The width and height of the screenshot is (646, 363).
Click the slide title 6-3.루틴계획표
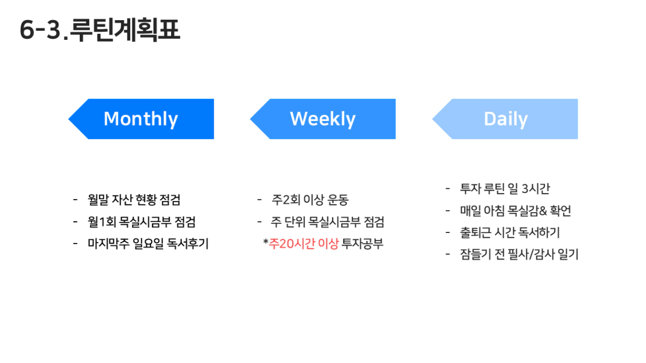pyautogui.click(x=100, y=30)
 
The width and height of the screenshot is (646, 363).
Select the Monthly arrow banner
pyautogui.click(x=141, y=119)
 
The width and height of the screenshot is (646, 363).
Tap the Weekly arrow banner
pyautogui.click(x=322, y=119)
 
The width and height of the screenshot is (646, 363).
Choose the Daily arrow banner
pyautogui.click(x=505, y=119)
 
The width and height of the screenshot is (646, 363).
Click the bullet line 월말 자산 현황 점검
pyautogui.click(x=134, y=200)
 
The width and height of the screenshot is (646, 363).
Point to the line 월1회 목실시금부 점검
pyautogui.click(x=142, y=222)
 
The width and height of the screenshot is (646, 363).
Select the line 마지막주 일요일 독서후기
pyautogui.click(x=148, y=244)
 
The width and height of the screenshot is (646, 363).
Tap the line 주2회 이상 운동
pyautogui.click(x=310, y=200)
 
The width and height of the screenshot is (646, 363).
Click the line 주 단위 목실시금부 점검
pyautogui.click(x=327, y=222)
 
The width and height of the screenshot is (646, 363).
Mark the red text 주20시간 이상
pyautogui.click(x=303, y=244)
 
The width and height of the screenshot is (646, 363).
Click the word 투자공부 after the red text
pyautogui.click(x=362, y=244)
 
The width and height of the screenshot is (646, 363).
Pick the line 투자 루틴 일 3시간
pyautogui.click(x=505, y=189)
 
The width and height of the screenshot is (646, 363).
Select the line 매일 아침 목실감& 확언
pyautogui.click(x=516, y=211)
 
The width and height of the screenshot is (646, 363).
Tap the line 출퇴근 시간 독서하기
pyautogui.click(x=510, y=232)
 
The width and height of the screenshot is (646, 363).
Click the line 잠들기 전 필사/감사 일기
pyautogui.click(x=519, y=254)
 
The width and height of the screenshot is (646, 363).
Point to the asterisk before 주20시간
pyautogui.click(x=266, y=241)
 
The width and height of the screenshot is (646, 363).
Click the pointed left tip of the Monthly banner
pyautogui.click(x=69, y=119)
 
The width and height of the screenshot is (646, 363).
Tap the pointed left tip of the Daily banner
pyautogui.click(x=432, y=119)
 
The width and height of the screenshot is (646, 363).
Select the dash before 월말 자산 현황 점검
pyautogui.click(x=75, y=200)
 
